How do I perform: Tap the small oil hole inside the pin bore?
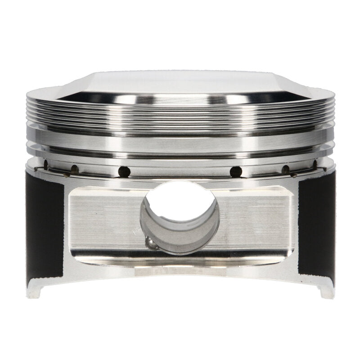click(153, 243)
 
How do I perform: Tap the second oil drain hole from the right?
click(285, 169)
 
